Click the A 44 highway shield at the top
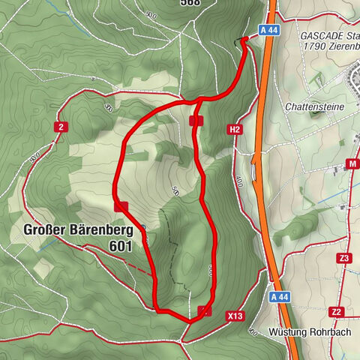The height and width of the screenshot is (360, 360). point(271,30)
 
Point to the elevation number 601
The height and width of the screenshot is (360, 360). point(120,245)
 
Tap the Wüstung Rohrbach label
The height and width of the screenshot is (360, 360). point(308,332)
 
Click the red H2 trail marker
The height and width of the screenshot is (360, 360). point(235,130)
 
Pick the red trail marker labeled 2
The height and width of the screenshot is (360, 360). point(60,127)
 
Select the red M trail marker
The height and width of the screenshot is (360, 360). point(352,164)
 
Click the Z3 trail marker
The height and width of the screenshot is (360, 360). point(344,258)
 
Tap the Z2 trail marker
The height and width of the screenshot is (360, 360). point(337,311)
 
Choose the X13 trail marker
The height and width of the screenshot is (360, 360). point(235,316)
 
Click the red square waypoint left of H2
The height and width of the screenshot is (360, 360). point(196,120)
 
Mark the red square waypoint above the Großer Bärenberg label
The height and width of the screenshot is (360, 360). point(121,205)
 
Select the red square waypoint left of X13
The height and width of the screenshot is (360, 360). point(205,311)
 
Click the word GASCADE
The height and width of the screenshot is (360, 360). point(321,36)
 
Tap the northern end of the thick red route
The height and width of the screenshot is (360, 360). point(246,39)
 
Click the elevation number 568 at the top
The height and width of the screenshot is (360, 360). point(190,3)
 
